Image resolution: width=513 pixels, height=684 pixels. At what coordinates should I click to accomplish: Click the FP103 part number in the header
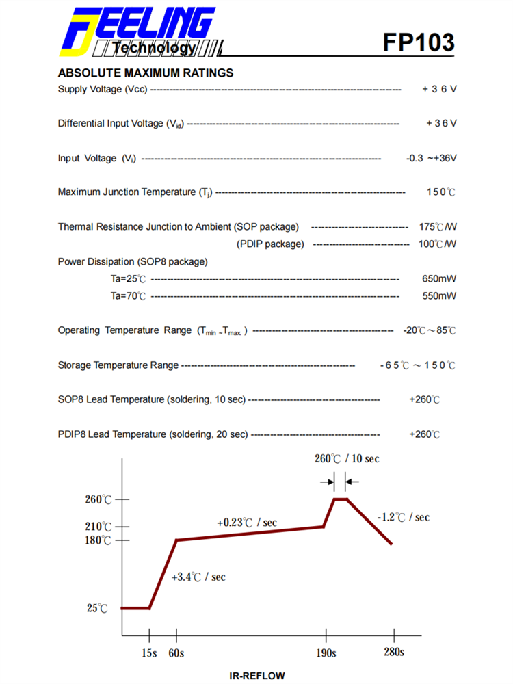419,42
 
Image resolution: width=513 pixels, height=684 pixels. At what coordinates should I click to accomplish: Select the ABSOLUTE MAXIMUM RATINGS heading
146,73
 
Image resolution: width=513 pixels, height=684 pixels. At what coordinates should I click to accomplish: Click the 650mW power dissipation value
439,278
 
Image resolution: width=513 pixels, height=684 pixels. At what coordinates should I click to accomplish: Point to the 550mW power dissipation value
439,295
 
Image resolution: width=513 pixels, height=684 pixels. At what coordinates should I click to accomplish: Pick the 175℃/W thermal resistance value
438,226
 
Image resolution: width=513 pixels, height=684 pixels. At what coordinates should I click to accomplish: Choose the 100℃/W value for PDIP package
438,244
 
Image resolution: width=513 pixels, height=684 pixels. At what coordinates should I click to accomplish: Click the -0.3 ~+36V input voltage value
431,158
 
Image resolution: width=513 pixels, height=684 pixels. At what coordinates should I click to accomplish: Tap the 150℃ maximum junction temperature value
441,192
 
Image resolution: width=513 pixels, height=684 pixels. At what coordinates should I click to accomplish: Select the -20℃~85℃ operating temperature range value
430,330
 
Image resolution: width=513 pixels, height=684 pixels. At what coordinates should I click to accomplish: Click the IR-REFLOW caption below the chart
256,676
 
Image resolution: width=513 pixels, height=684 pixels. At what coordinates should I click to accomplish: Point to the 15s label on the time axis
149,653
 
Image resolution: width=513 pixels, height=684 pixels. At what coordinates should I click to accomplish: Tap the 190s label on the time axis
325,653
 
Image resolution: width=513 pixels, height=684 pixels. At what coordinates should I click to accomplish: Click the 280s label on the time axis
393,652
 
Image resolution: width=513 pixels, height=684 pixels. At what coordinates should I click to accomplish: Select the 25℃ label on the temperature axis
98,608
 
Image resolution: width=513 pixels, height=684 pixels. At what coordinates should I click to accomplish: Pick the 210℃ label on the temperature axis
98,527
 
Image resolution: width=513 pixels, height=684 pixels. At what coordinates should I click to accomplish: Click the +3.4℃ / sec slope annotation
198,577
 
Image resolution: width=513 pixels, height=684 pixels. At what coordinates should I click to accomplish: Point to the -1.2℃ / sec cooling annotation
404,517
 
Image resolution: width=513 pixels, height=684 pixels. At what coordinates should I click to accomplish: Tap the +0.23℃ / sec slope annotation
247,523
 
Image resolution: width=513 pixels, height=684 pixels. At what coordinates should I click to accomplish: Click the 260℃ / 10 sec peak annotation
347,458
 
